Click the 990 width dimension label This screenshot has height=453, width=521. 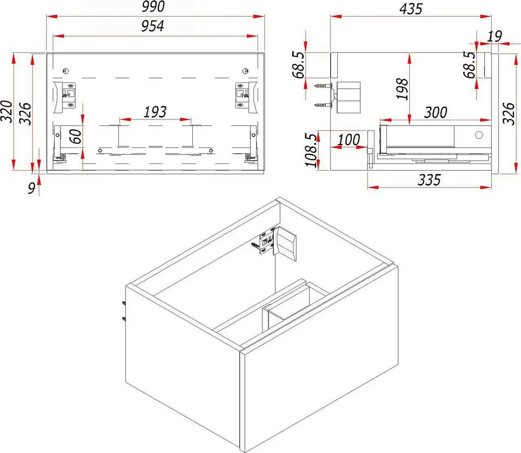(154, 7)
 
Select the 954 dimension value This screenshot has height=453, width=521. (152, 26)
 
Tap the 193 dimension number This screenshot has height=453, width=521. (155, 112)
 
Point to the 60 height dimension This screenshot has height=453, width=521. (76, 136)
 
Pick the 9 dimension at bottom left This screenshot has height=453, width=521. (31, 188)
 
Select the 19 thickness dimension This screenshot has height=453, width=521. (494, 36)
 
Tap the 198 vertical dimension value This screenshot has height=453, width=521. (402, 89)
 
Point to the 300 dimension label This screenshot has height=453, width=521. (435, 112)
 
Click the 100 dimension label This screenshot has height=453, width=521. (349, 140)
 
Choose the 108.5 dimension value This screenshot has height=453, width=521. (311, 150)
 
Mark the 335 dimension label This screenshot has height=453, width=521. (429, 179)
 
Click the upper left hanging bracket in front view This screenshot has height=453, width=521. (65, 95)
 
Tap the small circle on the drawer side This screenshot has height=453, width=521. (479, 135)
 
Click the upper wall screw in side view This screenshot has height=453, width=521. (322, 87)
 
